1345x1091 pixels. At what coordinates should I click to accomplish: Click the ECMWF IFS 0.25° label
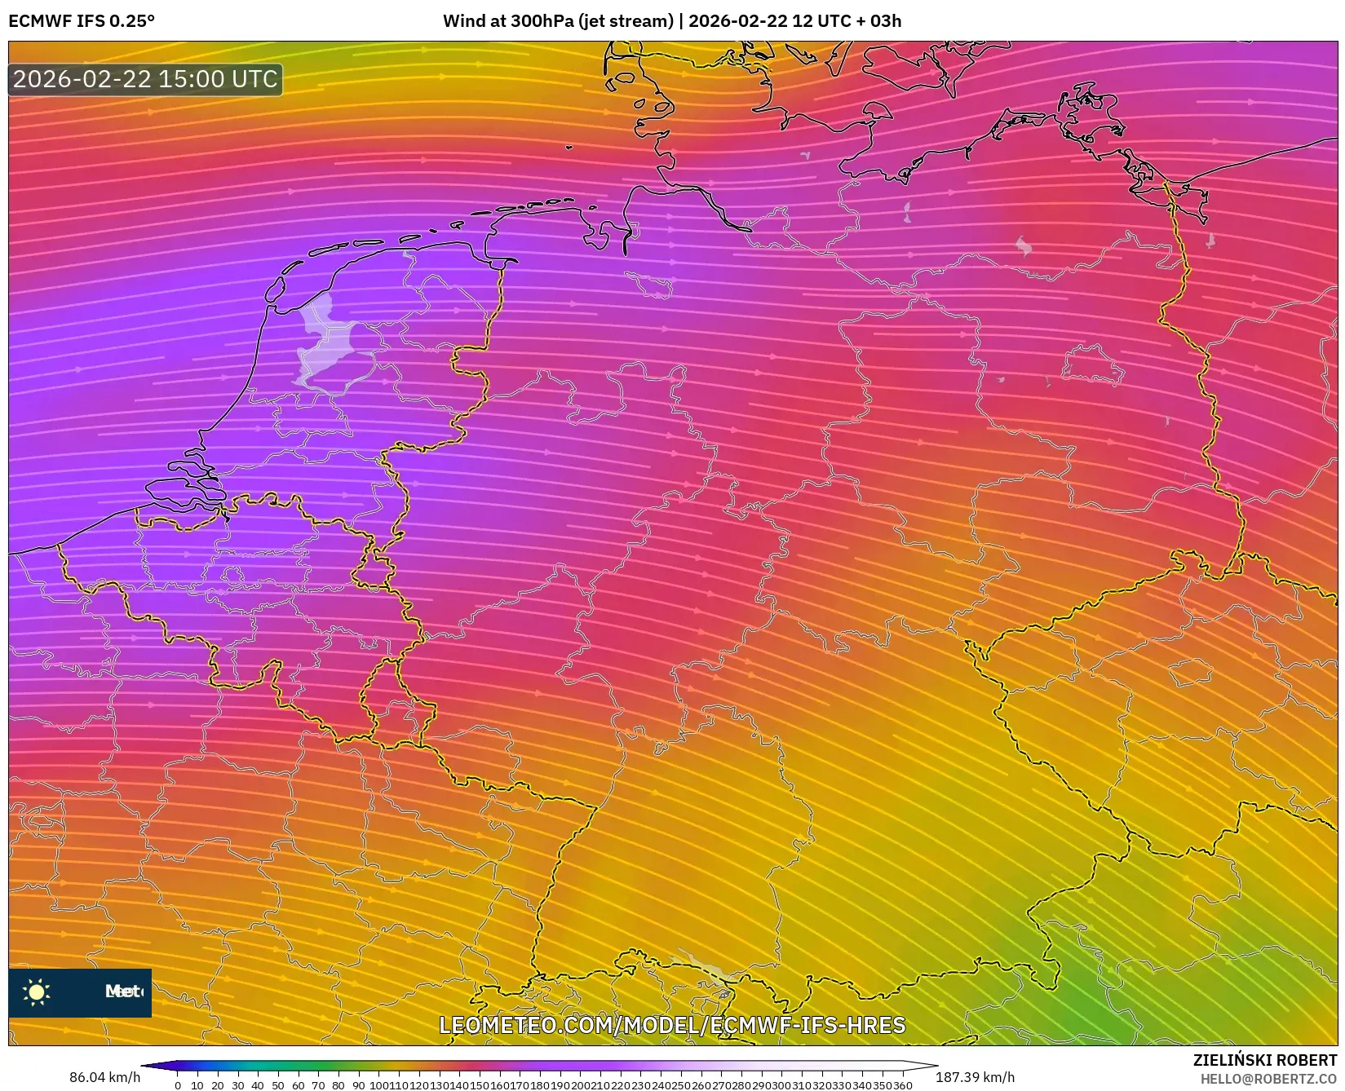pyautogui.click(x=82, y=21)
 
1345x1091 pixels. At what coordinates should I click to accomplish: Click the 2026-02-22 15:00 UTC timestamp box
pyautogui.click(x=145, y=80)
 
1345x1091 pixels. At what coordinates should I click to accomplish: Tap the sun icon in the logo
pyautogui.click(x=37, y=992)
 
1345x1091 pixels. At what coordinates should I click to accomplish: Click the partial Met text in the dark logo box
pyautogui.click(x=123, y=992)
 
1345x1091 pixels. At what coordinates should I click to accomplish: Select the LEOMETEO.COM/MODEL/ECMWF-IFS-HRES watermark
pyautogui.click(x=672, y=1025)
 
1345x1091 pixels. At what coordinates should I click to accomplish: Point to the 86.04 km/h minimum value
pyautogui.click(x=104, y=1078)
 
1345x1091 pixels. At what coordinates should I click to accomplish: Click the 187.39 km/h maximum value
pyautogui.click(x=975, y=1078)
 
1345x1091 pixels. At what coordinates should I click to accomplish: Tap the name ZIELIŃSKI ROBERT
pyautogui.click(x=1264, y=1061)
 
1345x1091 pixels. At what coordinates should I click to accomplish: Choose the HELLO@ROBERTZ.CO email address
pyautogui.click(x=1268, y=1079)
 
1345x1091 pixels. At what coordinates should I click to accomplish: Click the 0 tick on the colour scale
pyautogui.click(x=178, y=1085)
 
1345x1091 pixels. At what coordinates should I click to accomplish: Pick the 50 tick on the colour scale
pyautogui.click(x=278, y=1085)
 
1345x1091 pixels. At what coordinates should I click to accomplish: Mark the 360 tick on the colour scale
pyautogui.click(x=902, y=1085)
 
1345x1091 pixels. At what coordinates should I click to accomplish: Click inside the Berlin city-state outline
pyautogui.click(x=1093, y=364)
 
